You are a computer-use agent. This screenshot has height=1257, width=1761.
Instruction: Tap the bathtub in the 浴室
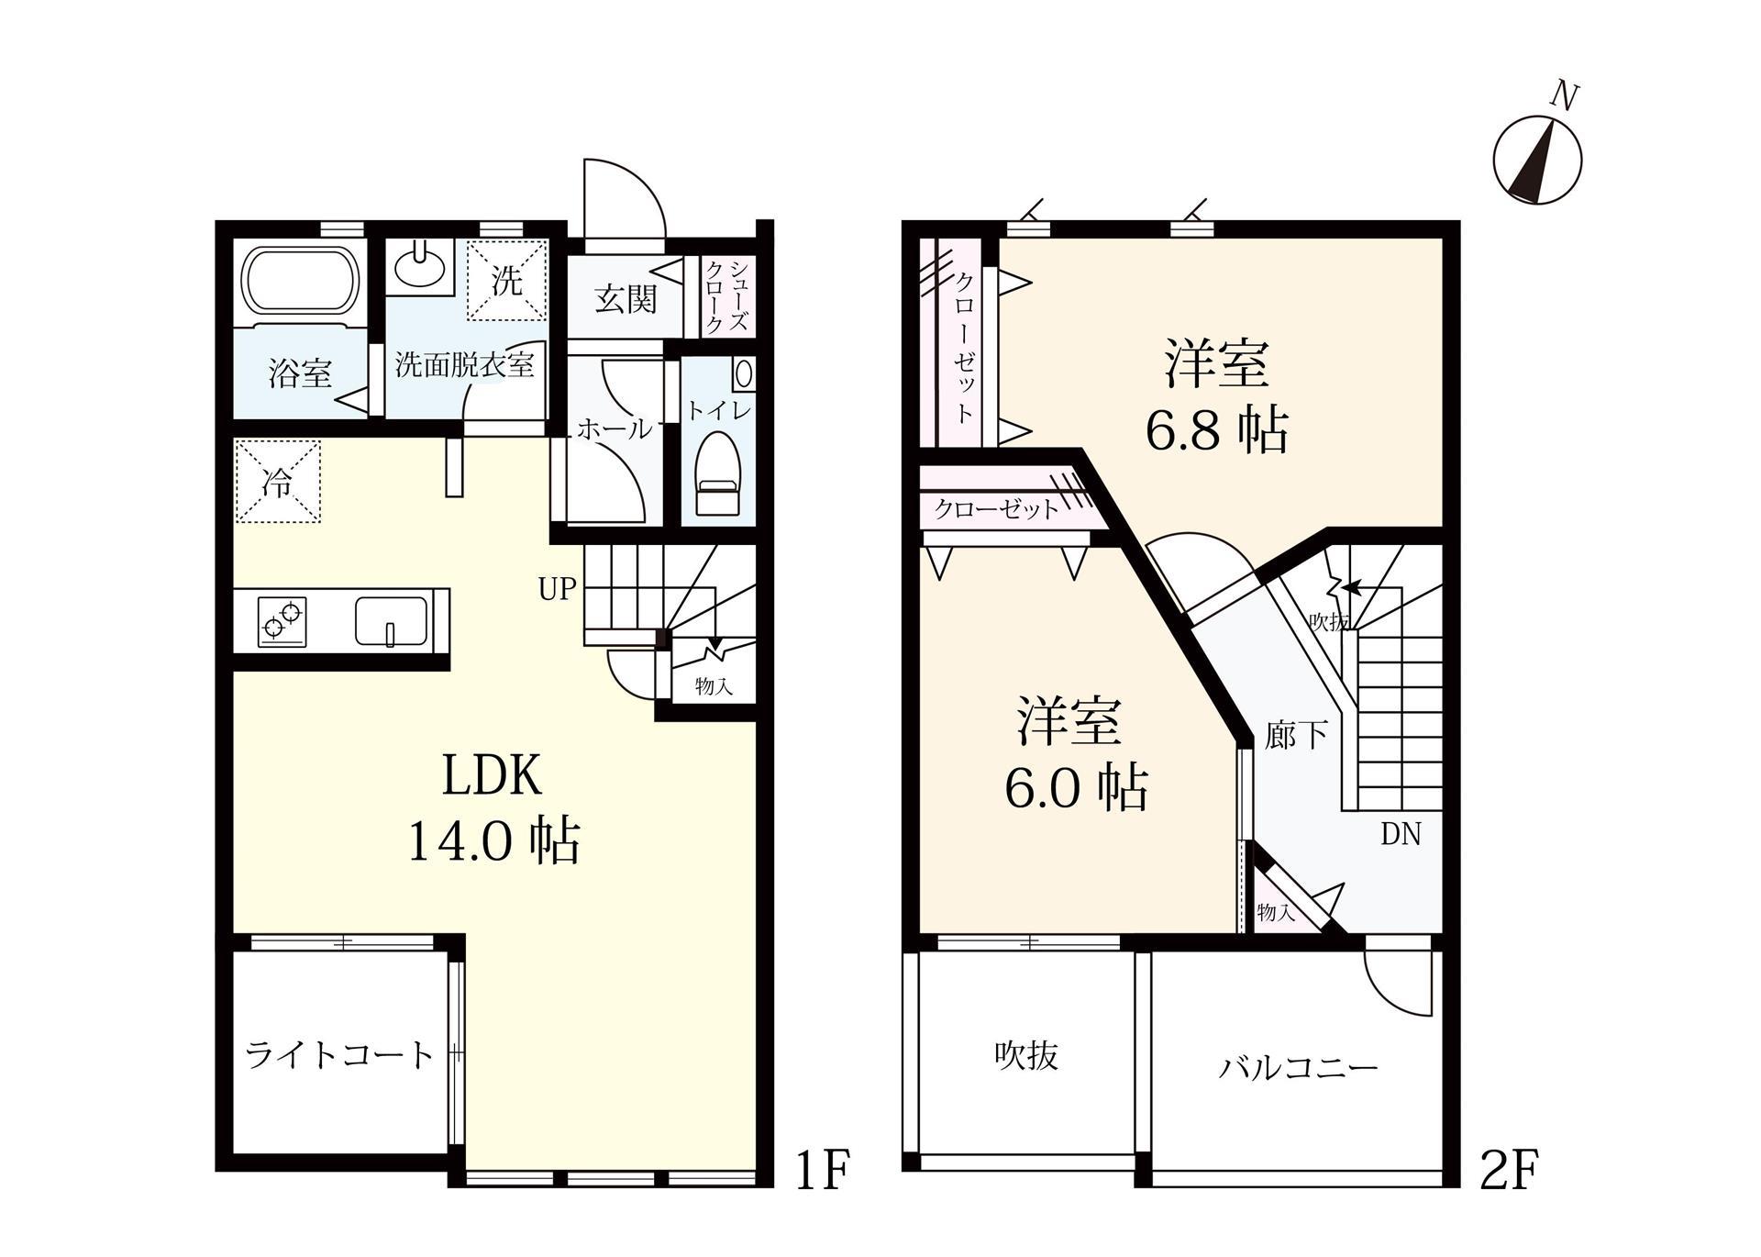pyautogui.click(x=299, y=280)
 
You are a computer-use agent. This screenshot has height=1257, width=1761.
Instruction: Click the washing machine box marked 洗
pyautogui.click(x=507, y=280)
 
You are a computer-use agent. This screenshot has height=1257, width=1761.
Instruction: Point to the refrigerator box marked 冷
pyautogui.click(x=278, y=482)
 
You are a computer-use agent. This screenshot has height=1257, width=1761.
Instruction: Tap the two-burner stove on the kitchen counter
pyautogui.click(x=282, y=620)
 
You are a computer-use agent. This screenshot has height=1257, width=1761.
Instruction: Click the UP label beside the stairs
pyautogui.click(x=557, y=589)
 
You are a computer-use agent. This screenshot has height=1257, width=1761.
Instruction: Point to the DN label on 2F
pyautogui.click(x=1401, y=834)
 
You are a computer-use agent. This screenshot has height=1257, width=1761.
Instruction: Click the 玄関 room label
pyautogui.click(x=626, y=299)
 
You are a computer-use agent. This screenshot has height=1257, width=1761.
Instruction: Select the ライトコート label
pyautogui.click(x=339, y=1055)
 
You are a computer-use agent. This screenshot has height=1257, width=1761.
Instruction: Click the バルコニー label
pyautogui.click(x=1298, y=1068)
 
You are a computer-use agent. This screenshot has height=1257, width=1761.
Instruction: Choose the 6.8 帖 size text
pyautogui.click(x=1216, y=429)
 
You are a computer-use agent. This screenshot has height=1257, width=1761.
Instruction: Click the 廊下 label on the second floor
pyautogui.click(x=1295, y=735)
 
